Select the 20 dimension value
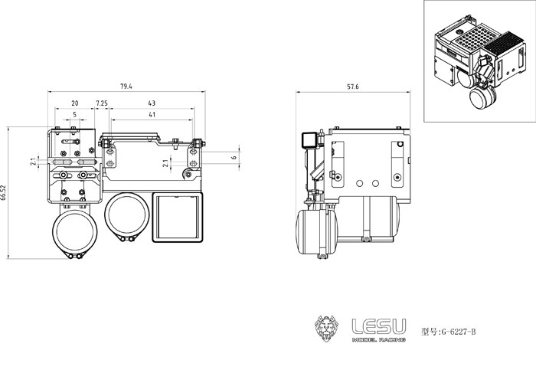pyautogui.click(x=74, y=103)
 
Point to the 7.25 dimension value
pyautogui.click(x=101, y=103)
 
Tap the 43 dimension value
pyautogui.click(x=152, y=103)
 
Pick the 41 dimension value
pyautogui.click(x=152, y=115)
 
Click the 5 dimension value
pyautogui.click(x=74, y=115)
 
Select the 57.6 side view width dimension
pyautogui.click(x=352, y=87)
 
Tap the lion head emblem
pyautogui.click(x=327, y=330)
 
